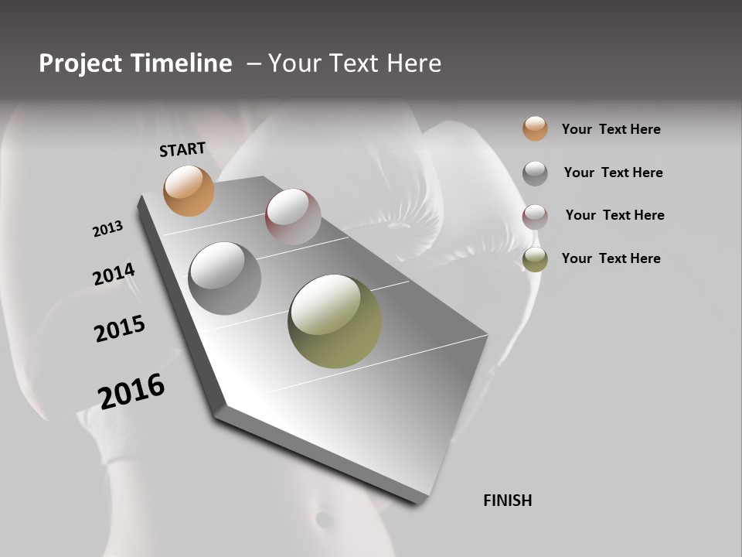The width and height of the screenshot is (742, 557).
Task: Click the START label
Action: click(182, 149)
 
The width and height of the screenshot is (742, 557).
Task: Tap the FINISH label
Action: click(507, 501)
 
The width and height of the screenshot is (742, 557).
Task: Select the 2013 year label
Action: click(107, 229)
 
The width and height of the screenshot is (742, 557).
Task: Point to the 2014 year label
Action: click(114, 275)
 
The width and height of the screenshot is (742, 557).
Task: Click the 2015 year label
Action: click(120, 329)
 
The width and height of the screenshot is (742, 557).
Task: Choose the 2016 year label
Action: click(131, 391)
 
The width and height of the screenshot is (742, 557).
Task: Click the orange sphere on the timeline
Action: click(189, 190)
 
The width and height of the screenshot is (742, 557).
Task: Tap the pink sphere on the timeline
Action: click(293, 216)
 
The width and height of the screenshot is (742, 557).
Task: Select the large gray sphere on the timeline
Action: click(224, 278)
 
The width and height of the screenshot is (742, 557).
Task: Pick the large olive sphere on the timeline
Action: click(335, 321)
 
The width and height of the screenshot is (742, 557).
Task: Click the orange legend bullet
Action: click(535, 128)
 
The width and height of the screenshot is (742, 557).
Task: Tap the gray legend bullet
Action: click(535, 173)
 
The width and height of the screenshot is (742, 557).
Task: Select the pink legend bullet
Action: click(535, 217)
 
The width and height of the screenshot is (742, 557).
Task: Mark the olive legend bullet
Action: click(535, 260)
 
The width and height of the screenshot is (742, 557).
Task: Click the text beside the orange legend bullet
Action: click(611, 129)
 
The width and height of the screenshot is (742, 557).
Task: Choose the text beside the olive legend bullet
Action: click(611, 258)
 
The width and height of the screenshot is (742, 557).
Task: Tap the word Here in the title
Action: click(414, 63)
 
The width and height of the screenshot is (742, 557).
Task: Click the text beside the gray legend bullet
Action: click(613, 173)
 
